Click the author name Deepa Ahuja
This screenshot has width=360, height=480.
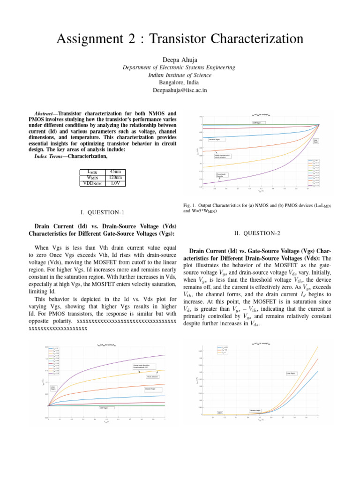[180, 59]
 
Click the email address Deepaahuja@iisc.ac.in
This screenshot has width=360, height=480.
[180, 90]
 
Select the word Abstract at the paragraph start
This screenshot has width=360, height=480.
[47, 114]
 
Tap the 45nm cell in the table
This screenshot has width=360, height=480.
[114, 172]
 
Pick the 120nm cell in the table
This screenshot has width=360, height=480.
[114, 178]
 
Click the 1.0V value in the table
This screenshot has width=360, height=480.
[114, 183]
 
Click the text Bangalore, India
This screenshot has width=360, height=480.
[180, 82]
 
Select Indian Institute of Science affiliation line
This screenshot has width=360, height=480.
[180, 75]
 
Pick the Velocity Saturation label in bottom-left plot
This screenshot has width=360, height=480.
[152, 376]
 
